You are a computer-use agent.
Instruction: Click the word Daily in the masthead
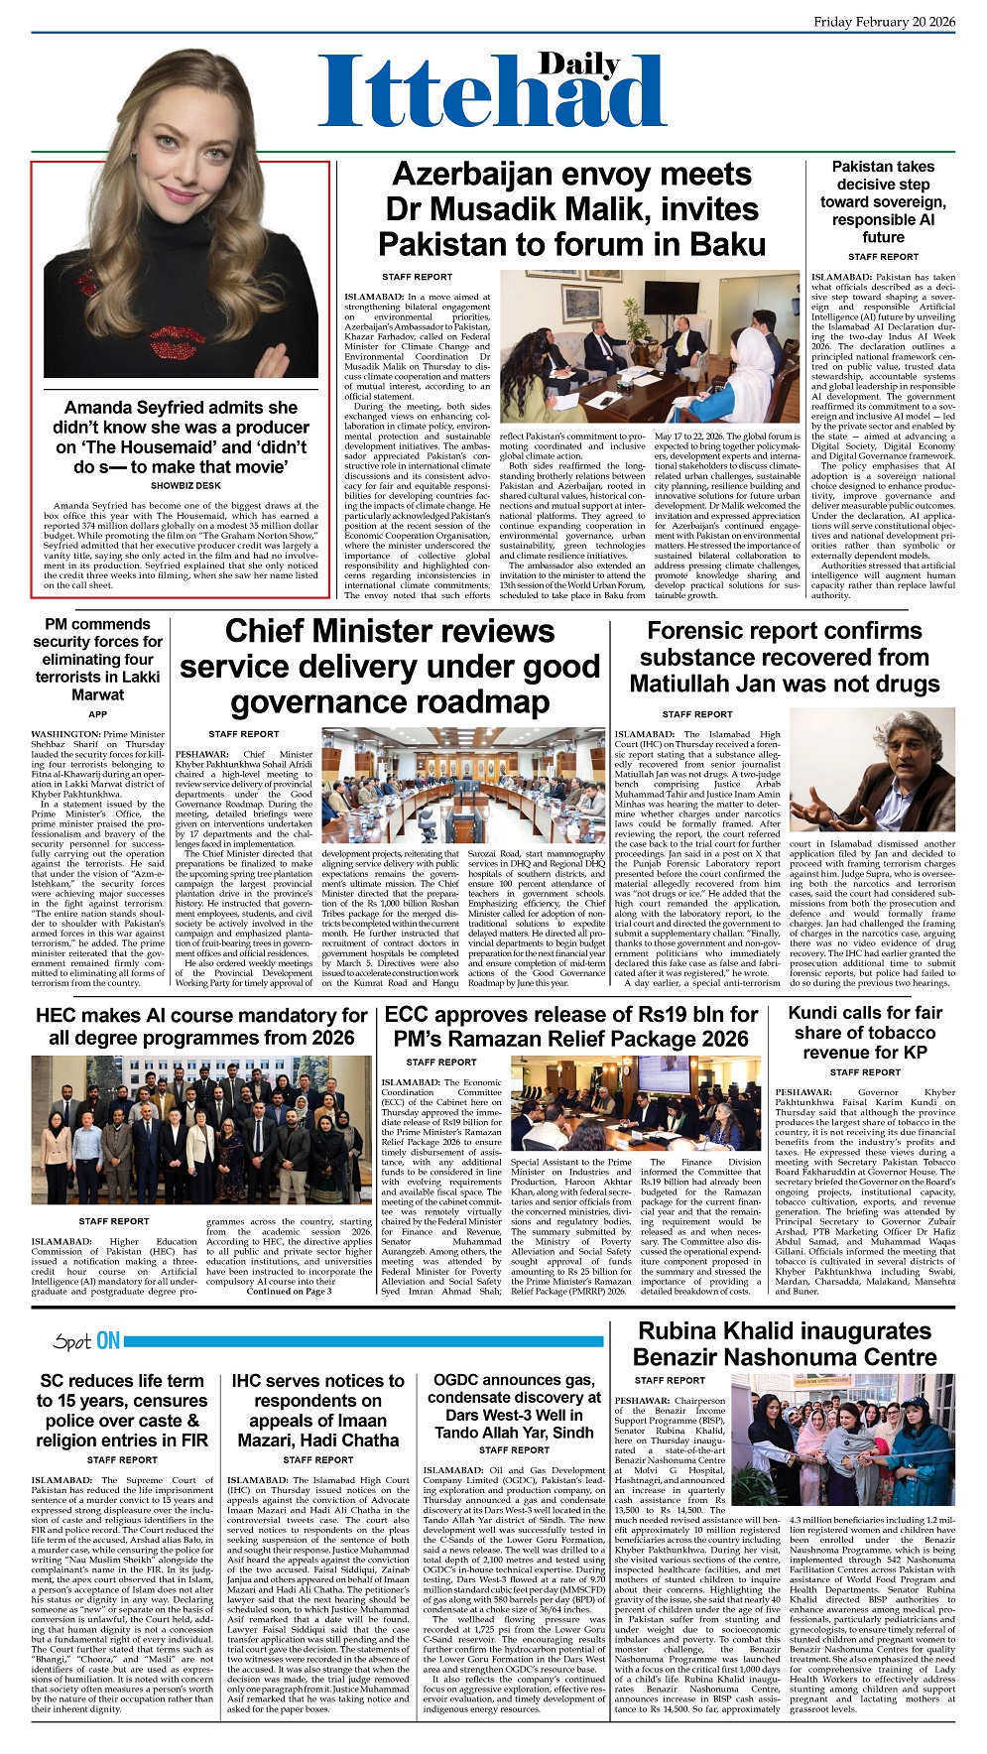(x=579, y=65)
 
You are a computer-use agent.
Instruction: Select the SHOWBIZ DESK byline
(x=185, y=486)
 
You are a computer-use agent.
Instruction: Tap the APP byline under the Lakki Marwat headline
(x=97, y=714)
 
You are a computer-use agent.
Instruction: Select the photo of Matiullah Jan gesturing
(x=871, y=771)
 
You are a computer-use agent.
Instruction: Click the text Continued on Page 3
(x=289, y=1291)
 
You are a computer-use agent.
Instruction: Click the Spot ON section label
(x=88, y=1341)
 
